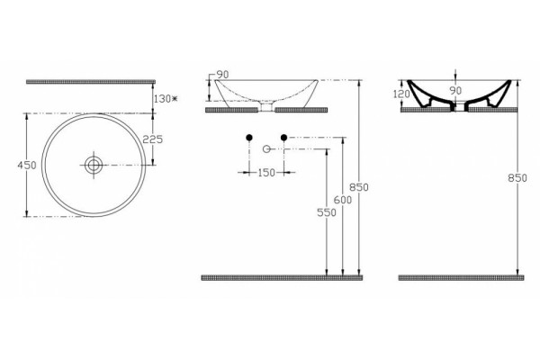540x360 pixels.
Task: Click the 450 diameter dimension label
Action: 27,166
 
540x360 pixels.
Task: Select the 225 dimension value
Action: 153,139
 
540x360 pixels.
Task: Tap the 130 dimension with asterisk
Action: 166,99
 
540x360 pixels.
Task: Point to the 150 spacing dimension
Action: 266,173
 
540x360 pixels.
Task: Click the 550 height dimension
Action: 327,212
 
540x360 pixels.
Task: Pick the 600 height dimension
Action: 343,200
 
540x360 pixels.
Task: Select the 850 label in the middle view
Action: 359,187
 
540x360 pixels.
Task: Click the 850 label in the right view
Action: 517,178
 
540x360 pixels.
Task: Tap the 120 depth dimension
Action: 401,94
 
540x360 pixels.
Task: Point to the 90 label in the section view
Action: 455,91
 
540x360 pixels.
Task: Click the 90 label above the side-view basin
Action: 222,75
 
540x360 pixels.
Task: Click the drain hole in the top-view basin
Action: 94,166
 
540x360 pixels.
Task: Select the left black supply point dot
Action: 249,138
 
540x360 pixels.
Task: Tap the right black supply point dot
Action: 283,138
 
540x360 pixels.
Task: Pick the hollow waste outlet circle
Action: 266,148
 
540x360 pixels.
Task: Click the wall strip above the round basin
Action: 91,82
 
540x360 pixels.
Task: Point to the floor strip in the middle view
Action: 282,278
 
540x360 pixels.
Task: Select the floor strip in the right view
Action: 462,278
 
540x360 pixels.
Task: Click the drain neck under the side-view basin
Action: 266,106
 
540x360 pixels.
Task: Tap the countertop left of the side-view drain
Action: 232,110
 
